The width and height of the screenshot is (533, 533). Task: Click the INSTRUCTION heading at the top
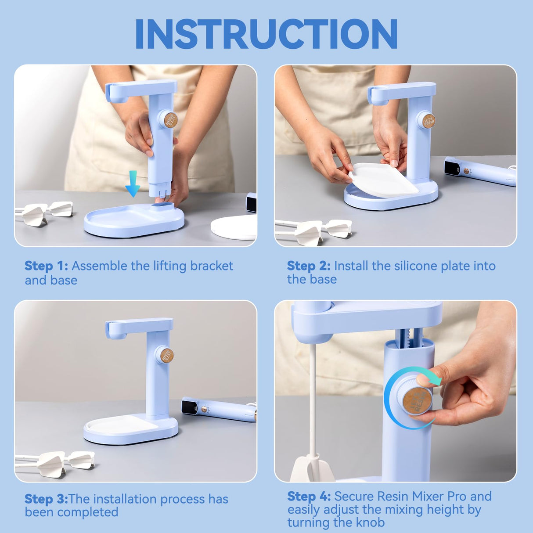266,34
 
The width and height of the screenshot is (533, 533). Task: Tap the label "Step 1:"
46,266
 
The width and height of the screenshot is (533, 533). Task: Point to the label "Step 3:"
46,499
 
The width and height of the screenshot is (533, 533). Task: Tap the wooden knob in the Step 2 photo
429,121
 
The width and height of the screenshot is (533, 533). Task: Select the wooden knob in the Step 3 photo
166,355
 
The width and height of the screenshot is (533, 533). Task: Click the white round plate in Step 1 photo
234,227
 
